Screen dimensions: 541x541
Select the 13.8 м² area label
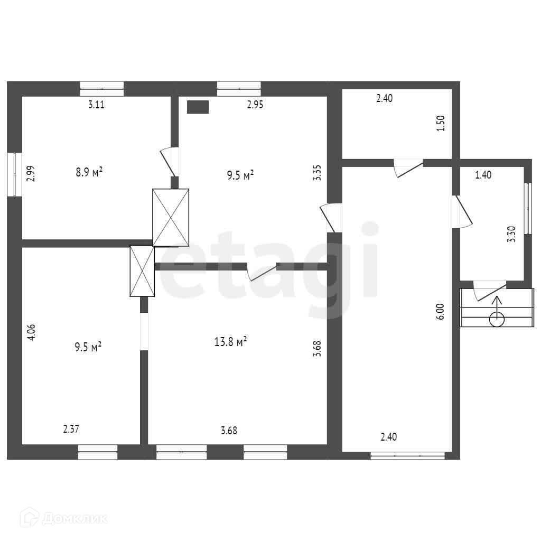pos(231,342)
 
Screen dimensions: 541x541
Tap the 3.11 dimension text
pos(96,105)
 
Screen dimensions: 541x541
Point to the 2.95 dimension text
pos(255,105)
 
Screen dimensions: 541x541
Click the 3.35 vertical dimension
pos(316,172)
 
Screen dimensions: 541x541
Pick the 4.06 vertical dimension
pos(30,333)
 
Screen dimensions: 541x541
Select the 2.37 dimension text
pos(71,430)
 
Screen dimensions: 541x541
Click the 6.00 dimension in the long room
pos(441,311)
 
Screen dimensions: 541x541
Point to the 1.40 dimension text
pos(483,175)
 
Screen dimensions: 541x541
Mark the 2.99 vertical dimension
pos(30,174)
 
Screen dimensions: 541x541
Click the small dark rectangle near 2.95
pos(198,107)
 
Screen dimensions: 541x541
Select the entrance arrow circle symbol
pos(497,319)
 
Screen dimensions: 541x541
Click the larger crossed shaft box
pos(171,217)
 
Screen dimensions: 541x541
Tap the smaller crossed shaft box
pos(142,271)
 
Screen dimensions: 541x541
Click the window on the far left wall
pos(14,174)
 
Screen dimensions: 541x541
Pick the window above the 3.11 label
pos(102,89)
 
